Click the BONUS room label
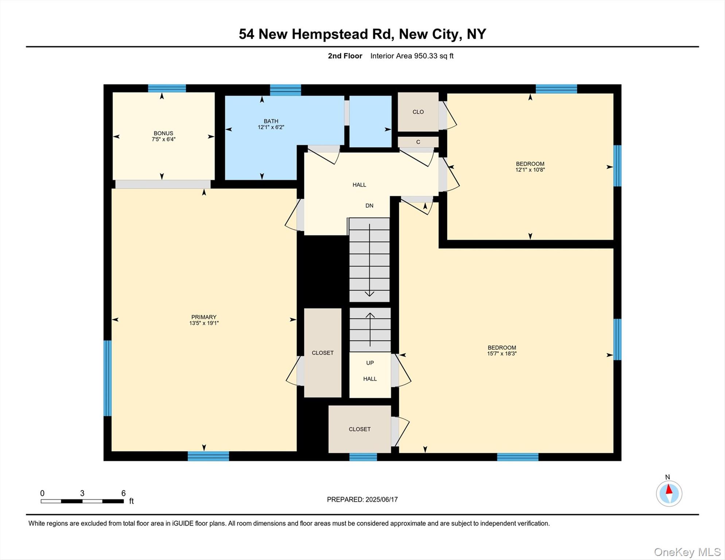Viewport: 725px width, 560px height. pos(163,133)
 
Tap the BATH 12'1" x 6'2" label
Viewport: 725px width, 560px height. pos(271,124)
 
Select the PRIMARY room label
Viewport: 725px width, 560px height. pos(204,317)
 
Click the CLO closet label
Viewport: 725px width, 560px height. pos(418,112)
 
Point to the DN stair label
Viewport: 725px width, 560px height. pos(369,206)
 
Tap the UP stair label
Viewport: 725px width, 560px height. pos(370,363)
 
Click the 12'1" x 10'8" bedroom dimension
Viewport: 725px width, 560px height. pos(530,170)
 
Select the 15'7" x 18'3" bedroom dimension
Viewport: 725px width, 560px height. pos(502,354)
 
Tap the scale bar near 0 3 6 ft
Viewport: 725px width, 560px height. pos(82,501)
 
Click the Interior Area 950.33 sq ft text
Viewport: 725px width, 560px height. pos(412,56)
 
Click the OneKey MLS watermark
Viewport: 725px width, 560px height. pos(687,552)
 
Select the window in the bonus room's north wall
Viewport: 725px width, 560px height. pos(167,88)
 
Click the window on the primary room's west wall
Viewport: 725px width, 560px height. pos(108,378)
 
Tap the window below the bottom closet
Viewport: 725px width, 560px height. pos(363,457)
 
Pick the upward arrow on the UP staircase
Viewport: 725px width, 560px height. pos(370,330)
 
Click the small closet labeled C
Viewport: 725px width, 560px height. pos(418,142)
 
